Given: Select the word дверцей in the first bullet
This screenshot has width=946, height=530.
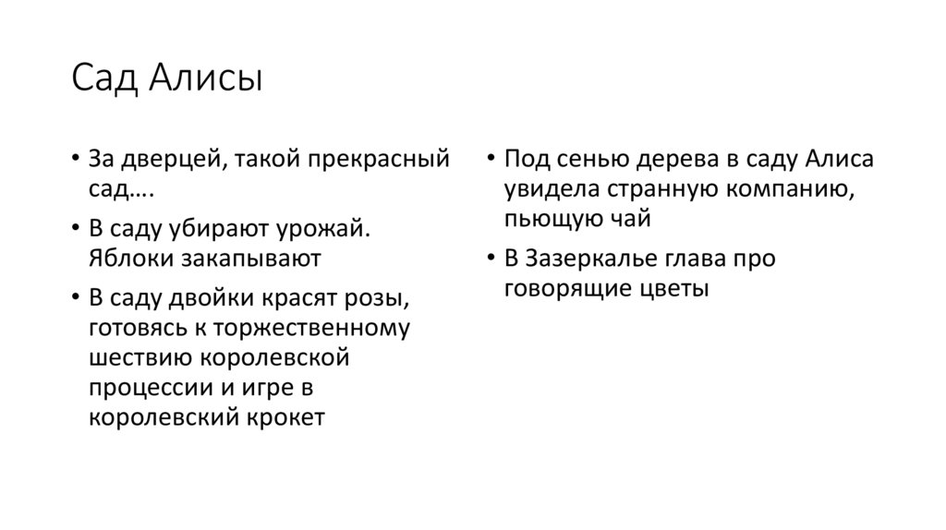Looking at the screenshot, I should tap(164, 159).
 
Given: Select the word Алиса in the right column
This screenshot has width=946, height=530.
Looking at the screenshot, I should tap(837, 159).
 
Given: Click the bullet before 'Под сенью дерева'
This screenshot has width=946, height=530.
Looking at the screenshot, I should tap(491, 159).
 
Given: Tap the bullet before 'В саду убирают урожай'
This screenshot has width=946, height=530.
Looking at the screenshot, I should tap(75, 228).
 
